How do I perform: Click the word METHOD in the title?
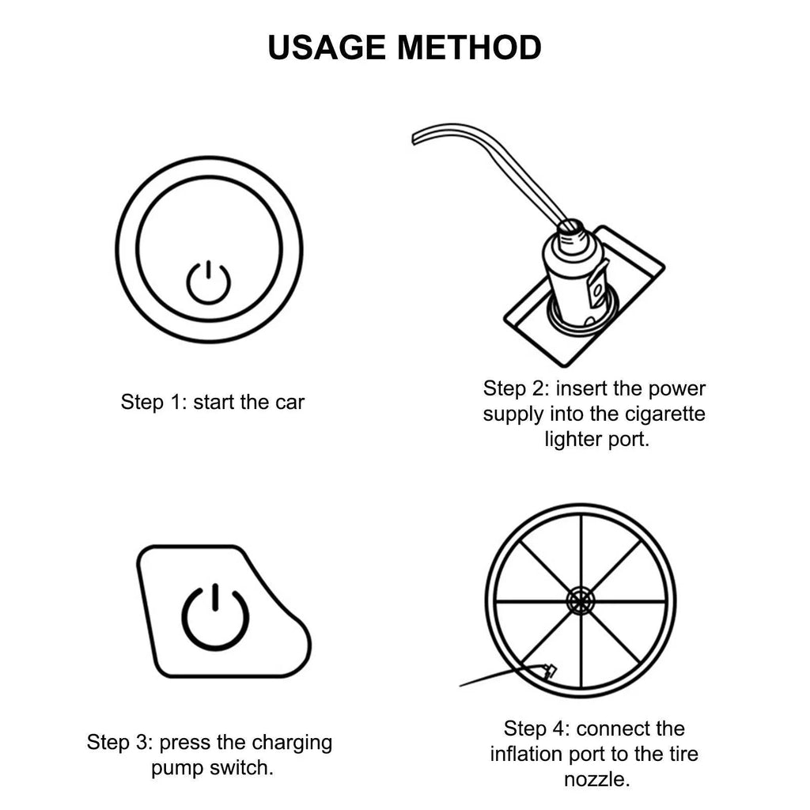point(469,47)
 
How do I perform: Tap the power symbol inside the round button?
point(209,282)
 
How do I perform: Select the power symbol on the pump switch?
point(215,618)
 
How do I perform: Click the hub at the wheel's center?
point(581,601)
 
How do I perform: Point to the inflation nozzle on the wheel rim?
point(547,672)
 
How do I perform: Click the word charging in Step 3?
point(292,743)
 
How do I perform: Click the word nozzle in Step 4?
point(596,779)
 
